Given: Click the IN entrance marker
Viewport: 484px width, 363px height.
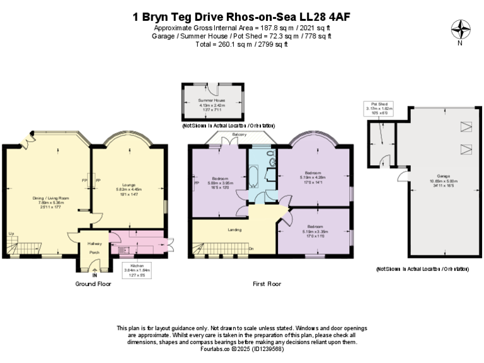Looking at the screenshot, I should pyautogui.click(x=94, y=275).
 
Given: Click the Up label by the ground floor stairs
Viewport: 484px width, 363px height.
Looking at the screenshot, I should pyautogui.click(x=11, y=234).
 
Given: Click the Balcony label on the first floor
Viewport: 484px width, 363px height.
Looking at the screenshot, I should pyautogui.click(x=239, y=135).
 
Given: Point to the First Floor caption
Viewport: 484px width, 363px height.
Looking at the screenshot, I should pyautogui.click(x=268, y=284).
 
